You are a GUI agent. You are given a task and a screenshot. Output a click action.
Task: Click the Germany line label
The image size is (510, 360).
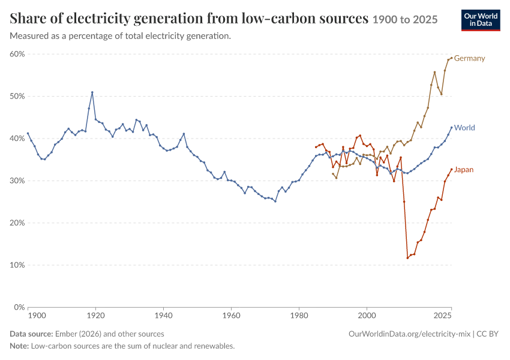469,58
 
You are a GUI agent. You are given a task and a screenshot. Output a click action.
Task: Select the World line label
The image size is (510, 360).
464,127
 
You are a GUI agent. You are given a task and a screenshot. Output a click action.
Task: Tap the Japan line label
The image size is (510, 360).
464,169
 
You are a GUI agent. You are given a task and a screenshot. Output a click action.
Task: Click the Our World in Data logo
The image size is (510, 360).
481,20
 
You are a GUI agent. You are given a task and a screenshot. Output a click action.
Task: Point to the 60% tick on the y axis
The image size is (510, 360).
17,54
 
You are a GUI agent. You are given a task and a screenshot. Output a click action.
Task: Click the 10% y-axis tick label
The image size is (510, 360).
17,265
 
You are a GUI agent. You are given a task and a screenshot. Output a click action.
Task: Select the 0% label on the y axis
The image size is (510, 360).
19,307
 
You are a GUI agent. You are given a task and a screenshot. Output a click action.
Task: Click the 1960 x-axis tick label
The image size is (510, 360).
231,316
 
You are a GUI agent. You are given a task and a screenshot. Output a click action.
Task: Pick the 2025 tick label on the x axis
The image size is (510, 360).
443,316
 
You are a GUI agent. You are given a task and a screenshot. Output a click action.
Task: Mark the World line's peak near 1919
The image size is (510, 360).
92,92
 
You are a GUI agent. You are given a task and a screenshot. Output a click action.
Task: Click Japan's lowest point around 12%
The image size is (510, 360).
407,258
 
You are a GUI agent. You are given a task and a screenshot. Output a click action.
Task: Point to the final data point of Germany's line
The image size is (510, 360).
451,58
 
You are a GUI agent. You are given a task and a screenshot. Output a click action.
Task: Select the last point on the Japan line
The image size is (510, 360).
451,169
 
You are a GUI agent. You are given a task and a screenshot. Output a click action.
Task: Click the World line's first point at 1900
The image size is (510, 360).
28,133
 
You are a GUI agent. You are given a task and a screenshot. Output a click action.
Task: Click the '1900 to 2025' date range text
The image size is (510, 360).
405,20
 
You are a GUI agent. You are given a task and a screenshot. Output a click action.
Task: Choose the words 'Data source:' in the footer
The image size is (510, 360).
31,334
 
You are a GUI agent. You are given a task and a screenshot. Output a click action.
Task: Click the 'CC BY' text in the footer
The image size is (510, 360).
488,334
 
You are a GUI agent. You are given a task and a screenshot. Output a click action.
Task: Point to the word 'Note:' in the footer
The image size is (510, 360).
19,346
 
